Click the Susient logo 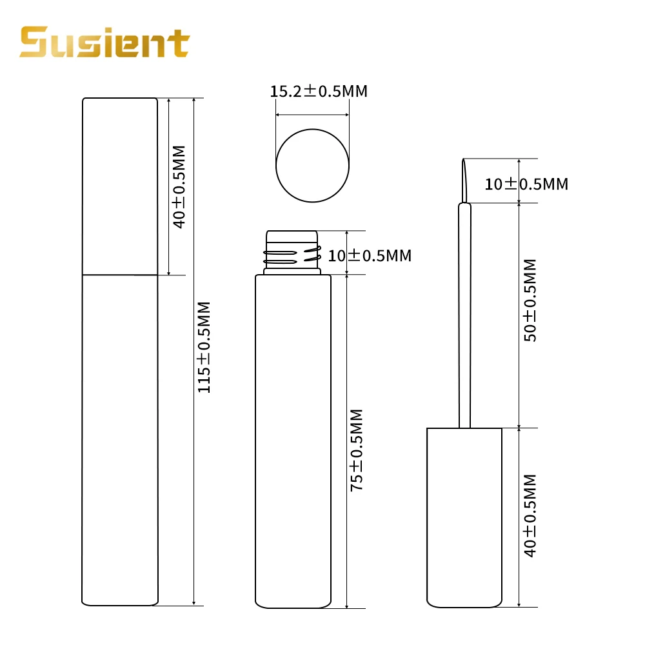[x=104, y=42]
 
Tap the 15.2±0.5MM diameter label [x=319, y=91]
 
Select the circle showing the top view [x=313, y=166]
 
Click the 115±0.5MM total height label [x=204, y=347]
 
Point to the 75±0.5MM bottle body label [x=357, y=450]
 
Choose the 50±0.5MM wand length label [x=530, y=300]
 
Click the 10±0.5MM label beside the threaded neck [x=370, y=255]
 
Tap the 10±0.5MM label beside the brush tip [x=526, y=184]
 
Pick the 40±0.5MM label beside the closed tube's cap [x=179, y=186]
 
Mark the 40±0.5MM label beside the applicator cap [x=530, y=516]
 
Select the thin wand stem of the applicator [x=464, y=316]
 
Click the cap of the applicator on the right [x=464, y=516]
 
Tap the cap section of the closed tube [x=121, y=186]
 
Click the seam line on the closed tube [x=121, y=275]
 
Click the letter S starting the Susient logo [x=33, y=43]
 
